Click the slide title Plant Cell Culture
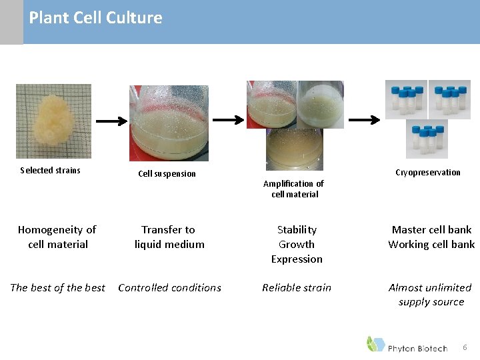click(95, 18)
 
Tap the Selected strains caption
click(50, 170)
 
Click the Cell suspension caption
click(167, 173)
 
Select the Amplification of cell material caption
click(294, 189)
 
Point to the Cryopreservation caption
click(427, 172)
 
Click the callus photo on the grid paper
click(53, 121)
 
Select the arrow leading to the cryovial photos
click(365, 120)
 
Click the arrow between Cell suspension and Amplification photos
click(228, 120)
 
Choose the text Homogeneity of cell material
click(57, 237)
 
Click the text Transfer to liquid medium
click(169, 237)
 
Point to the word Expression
click(297, 259)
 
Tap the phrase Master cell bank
click(431, 229)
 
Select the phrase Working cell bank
click(431, 244)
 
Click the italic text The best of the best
click(57, 287)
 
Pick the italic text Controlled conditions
click(169, 287)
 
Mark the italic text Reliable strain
click(297, 287)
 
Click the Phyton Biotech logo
click(407, 345)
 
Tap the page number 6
click(465, 347)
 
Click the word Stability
click(297, 229)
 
